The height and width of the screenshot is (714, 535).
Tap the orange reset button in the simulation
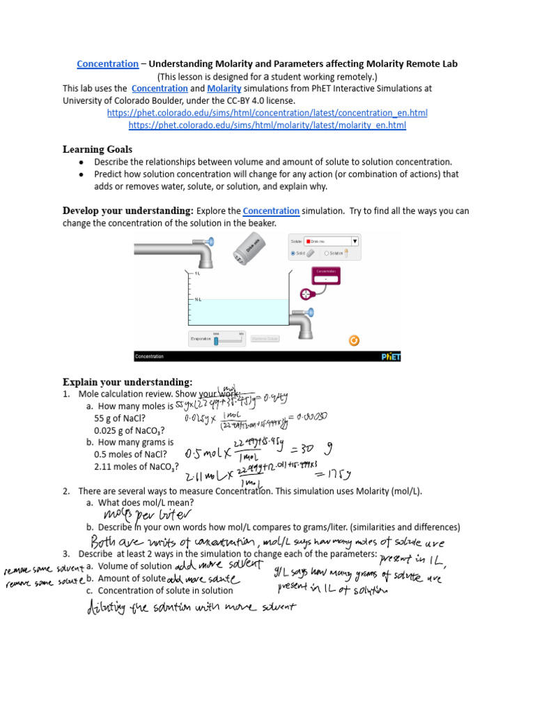354,340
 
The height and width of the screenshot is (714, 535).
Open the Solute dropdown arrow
354,241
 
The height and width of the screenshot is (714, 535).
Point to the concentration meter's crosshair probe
304,294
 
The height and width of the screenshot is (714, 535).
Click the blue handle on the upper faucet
210,243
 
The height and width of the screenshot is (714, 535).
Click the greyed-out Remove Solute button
265,339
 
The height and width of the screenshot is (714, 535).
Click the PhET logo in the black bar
391,356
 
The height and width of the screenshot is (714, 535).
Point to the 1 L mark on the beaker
197,274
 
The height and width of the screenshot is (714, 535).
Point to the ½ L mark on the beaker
197,300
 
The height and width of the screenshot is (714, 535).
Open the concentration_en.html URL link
267,113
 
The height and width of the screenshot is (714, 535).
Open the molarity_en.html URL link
267,126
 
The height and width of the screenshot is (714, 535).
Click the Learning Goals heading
97,149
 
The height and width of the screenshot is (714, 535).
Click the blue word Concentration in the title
107,64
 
